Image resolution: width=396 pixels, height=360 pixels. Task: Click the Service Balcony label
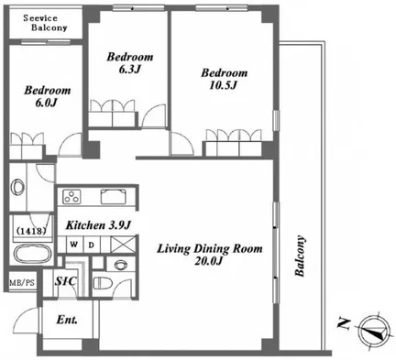[45, 23]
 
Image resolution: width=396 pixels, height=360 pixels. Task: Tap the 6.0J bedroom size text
[47, 103]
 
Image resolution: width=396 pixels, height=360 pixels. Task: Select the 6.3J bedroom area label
[129, 70]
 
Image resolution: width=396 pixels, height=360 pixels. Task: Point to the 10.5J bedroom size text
[224, 85]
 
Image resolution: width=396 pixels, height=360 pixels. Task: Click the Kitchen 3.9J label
[98, 225]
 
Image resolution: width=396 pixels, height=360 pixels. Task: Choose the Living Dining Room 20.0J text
[210, 255]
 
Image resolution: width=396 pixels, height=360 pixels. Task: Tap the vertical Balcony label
[300, 256]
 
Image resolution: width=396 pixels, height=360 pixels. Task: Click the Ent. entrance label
[67, 320]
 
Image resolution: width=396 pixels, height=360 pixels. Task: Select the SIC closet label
[66, 281]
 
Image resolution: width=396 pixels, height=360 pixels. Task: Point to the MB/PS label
[22, 283]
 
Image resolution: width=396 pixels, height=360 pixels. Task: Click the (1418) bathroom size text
[31, 231]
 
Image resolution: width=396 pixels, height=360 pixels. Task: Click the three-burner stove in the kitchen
[71, 197]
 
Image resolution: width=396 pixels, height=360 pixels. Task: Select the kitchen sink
[114, 196]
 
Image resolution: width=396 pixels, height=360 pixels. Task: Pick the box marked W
[73, 245]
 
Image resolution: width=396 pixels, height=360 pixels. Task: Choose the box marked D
[92, 245]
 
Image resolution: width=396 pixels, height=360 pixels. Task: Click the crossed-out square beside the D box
[123, 245]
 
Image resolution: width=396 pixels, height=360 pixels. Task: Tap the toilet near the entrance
[101, 282]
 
